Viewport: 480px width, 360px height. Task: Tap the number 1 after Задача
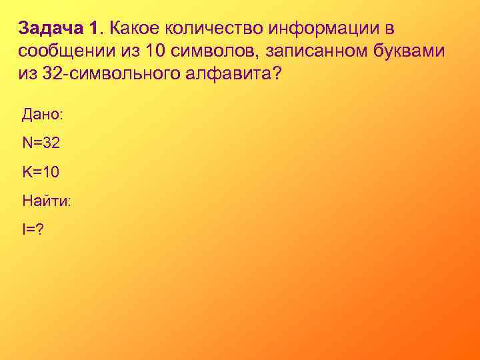coord(93,29)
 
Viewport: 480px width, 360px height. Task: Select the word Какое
coord(133,29)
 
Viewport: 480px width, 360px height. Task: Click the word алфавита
coord(223,73)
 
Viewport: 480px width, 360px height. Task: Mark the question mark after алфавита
coord(277,73)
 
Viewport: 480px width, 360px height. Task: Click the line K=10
coord(41,172)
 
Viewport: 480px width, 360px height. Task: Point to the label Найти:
coord(46,201)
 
